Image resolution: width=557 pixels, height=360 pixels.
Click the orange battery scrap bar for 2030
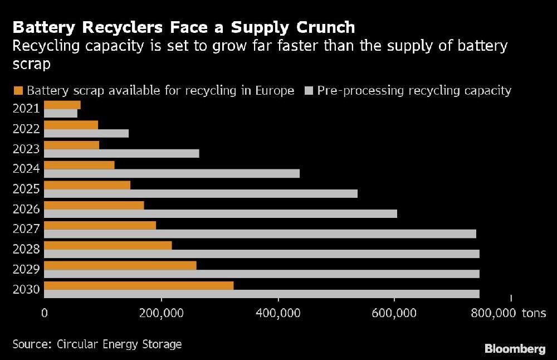(x=139, y=285)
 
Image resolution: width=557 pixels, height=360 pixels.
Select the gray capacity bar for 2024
(x=172, y=173)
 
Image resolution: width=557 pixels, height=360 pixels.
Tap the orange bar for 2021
(x=62, y=105)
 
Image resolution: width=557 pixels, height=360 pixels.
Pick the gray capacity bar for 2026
(x=221, y=213)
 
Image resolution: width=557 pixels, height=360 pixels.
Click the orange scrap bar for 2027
(x=100, y=225)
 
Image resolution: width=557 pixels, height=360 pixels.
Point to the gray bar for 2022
(x=86, y=133)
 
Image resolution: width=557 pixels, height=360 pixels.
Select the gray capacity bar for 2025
(x=201, y=193)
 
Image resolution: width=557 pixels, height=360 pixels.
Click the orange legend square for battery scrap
(x=18, y=91)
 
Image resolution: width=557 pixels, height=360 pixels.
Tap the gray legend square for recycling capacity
(x=309, y=91)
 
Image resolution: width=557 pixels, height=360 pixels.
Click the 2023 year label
(x=26, y=149)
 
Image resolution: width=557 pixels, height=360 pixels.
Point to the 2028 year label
(x=26, y=249)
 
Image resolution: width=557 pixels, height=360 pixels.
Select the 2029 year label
(x=26, y=269)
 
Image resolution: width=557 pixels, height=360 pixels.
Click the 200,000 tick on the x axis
(x=162, y=313)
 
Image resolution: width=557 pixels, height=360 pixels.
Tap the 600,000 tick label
(x=394, y=313)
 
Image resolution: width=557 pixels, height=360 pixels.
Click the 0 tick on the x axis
(x=44, y=313)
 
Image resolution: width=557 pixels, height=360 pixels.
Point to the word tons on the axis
(x=534, y=313)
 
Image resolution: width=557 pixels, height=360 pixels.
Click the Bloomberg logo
(x=515, y=349)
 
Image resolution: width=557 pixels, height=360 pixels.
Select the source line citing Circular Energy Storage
(x=97, y=344)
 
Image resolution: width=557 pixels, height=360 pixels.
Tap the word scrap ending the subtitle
(x=31, y=64)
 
